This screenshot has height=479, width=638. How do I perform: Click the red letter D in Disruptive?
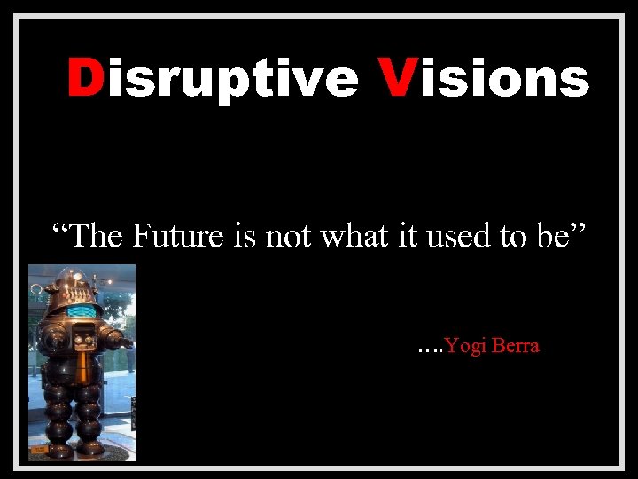tap(86, 78)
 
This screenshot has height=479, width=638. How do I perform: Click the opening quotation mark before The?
tap(60, 228)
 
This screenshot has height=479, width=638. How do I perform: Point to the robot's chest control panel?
tap(84, 337)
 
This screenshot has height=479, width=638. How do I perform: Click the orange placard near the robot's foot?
tap(39, 450)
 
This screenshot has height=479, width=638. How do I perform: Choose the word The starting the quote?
tap(97, 237)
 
